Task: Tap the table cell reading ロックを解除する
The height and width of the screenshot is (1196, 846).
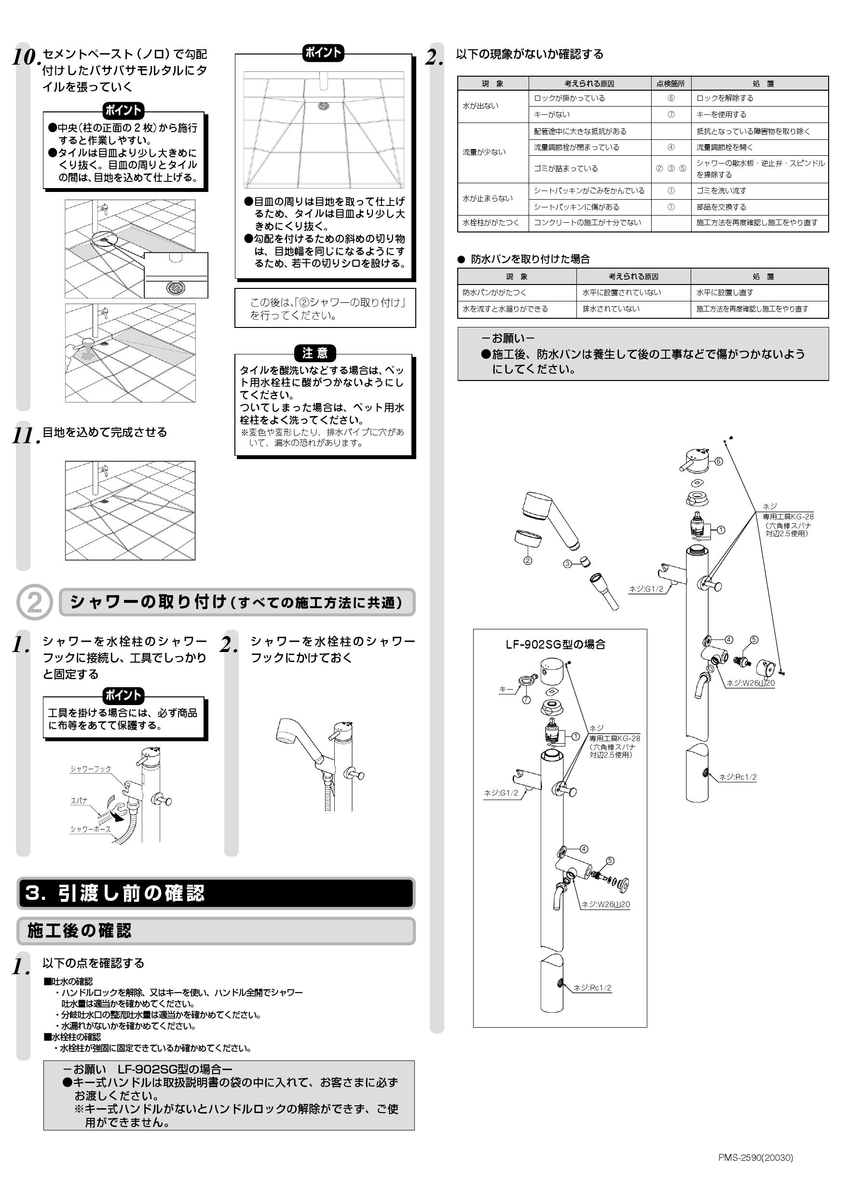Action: (724, 98)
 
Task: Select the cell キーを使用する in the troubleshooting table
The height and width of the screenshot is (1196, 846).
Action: (721, 114)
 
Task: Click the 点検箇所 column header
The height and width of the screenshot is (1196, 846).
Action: (670, 83)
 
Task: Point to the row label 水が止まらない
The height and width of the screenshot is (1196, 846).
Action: (488, 199)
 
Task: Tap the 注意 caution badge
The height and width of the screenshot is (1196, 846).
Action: (314, 353)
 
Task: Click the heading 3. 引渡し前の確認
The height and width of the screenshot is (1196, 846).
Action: (115, 893)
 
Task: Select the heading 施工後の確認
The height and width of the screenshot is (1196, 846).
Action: (79, 930)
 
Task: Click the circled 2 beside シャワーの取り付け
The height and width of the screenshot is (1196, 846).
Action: (34, 602)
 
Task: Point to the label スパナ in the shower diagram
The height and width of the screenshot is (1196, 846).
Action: (79, 801)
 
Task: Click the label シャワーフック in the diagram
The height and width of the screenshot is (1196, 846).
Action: (91, 769)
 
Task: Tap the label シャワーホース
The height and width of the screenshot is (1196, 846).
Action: (91, 829)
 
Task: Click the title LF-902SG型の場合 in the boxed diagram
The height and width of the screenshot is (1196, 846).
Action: (555, 644)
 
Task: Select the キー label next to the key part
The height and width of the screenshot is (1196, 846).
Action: (506, 689)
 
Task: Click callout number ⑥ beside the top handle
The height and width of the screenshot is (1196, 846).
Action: (718, 462)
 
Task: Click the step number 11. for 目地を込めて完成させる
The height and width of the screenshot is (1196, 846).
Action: (25, 435)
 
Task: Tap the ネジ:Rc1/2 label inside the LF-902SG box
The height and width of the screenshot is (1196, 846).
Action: (592, 988)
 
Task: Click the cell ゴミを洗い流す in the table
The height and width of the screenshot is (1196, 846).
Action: (721, 190)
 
